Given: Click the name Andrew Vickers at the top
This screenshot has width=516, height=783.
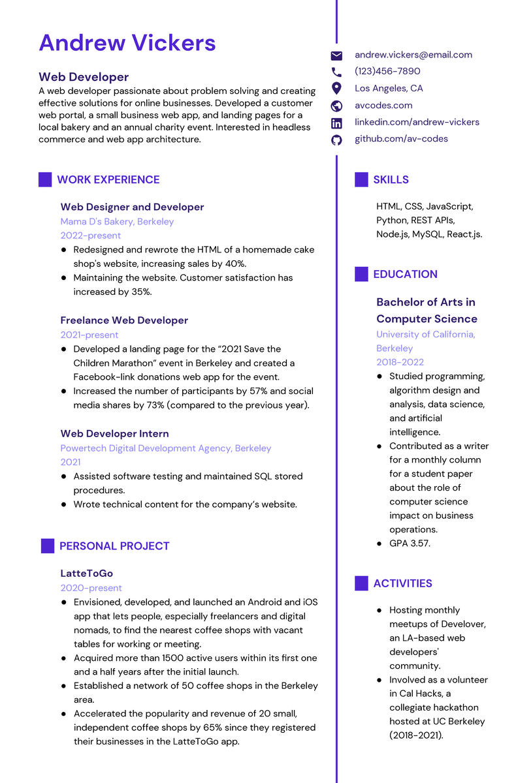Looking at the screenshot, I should [x=127, y=43].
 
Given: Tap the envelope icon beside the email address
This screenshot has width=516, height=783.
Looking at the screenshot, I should [x=336, y=55].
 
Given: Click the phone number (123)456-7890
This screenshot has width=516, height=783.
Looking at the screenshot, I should [x=387, y=71].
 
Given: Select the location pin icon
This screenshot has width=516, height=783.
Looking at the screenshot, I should [x=336, y=88].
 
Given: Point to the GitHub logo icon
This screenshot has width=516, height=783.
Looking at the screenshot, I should [x=336, y=140].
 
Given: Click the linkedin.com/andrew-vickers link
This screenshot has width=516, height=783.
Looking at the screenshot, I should [x=417, y=122].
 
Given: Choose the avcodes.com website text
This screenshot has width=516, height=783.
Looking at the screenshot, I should [x=383, y=105].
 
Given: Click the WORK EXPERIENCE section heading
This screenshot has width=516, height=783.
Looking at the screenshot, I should [x=108, y=179].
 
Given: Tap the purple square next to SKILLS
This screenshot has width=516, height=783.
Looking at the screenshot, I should [x=361, y=179].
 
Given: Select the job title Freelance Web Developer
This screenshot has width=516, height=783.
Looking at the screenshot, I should [x=124, y=320].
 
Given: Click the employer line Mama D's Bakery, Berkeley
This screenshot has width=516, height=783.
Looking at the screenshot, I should [x=118, y=221].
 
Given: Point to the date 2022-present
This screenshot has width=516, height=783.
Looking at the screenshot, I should [x=91, y=236].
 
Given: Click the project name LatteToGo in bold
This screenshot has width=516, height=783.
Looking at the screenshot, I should [x=87, y=574].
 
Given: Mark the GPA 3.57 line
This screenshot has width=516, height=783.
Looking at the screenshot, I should [x=410, y=543].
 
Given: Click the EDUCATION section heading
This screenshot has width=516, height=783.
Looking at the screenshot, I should [x=405, y=274].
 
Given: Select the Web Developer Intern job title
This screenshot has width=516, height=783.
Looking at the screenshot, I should [x=115, y=434].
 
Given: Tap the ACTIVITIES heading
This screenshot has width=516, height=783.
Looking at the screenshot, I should [x=402, y=583].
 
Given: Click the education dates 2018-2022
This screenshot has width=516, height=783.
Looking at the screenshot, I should [x=400, y=362].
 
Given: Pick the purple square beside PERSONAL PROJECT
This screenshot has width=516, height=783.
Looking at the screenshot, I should [x=48, y=546].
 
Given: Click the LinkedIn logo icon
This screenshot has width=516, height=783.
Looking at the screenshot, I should [x=336, y=123].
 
